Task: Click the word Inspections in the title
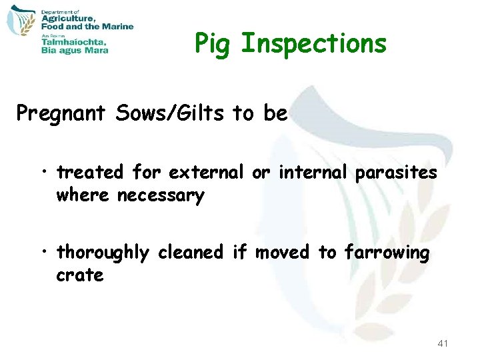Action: (x=313, y=44)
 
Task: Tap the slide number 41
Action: (x=442, y=343)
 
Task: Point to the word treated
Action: (x=90, y=173)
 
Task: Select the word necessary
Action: (x=160, y=197)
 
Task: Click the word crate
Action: (x=80, y=275)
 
